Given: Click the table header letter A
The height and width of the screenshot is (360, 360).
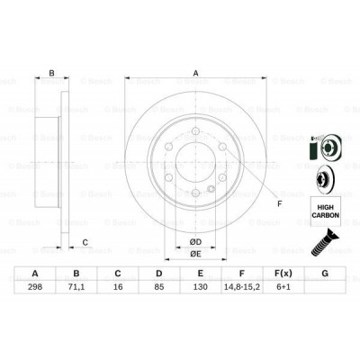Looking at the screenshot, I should (x=35, y=274).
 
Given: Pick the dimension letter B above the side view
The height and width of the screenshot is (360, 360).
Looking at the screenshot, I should (x=52, y=74).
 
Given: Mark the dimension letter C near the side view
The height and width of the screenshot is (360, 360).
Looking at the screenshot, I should (x=85, y=242).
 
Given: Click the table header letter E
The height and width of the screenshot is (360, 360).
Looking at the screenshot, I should (x=200, y=274).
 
